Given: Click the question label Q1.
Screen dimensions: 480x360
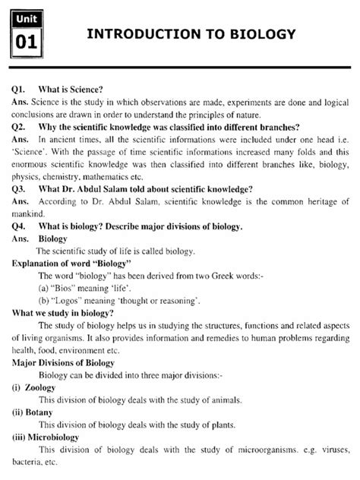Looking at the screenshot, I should (x=19, y=89).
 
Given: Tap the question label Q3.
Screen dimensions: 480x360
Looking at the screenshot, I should (x=19, y=189).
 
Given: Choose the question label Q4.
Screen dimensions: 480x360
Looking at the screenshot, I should (x=19, y=227).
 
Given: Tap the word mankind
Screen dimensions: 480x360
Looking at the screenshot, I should (x=30, y=214).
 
